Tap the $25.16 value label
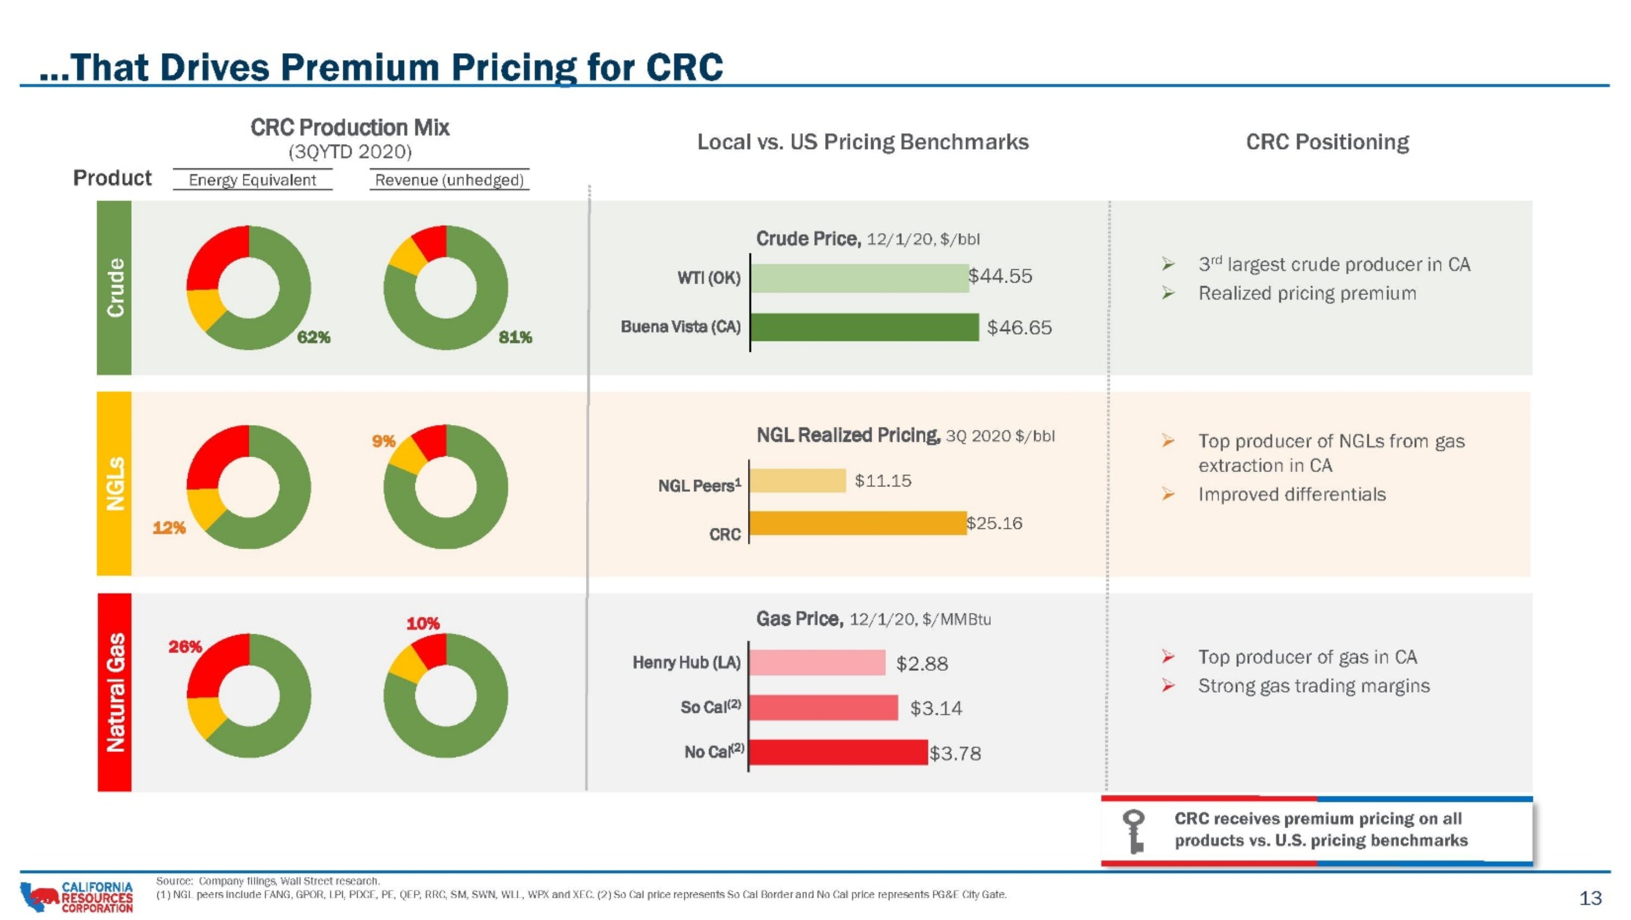point(995,523)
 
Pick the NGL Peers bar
point(798,481)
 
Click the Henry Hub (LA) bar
point(817,662)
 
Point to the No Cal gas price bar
point(838,752)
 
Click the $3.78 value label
point(956,753)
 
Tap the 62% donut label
point(314,338)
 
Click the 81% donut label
point(515,338)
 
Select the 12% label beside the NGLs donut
point(169,528)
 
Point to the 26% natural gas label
point(185,646)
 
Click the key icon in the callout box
point(1134,831)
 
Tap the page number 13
point(1591,898)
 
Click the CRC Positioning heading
point(1327,142)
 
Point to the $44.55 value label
point(1000,276)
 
